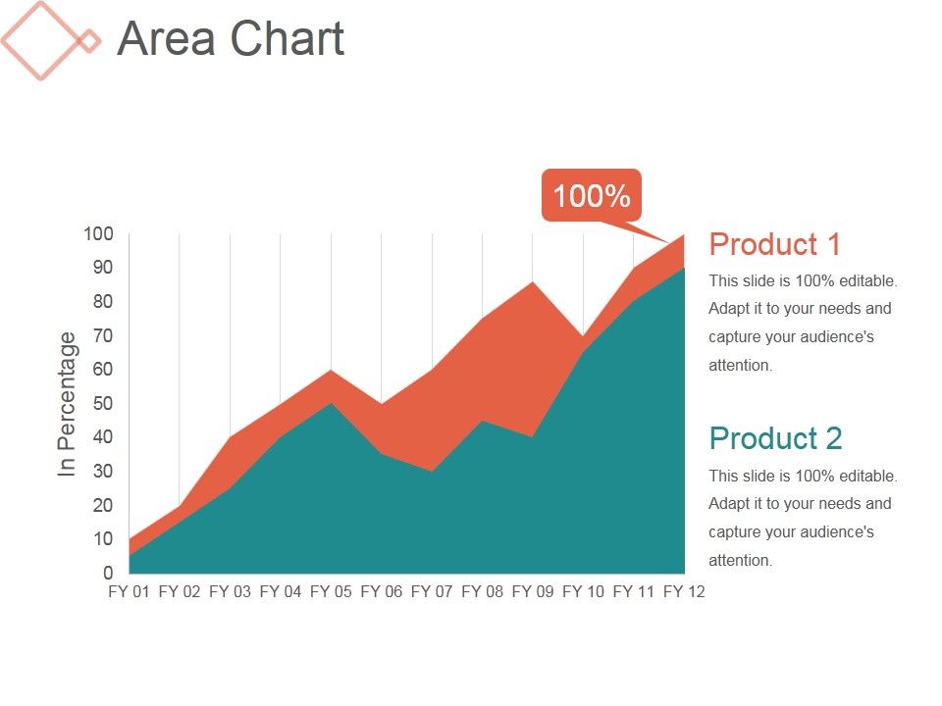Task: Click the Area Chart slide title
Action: coord(231,39)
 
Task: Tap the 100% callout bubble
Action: coord(591,196)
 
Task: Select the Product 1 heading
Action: coord(774,244)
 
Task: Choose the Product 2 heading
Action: coord(775,438)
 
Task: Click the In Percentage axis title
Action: coord(67,404)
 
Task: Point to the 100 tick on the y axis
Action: coord(98,233)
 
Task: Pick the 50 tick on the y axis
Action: coord(102,403)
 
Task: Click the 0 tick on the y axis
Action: coord(108,573)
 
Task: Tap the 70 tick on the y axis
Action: coord(102,335)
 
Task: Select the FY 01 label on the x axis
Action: coord(129,592)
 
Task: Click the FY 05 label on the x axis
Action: coord(331,592)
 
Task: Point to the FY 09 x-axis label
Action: coord(533,592)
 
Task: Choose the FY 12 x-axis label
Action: coord(684,592)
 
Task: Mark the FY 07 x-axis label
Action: coord(432,592)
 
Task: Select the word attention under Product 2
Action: coord(740,561)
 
